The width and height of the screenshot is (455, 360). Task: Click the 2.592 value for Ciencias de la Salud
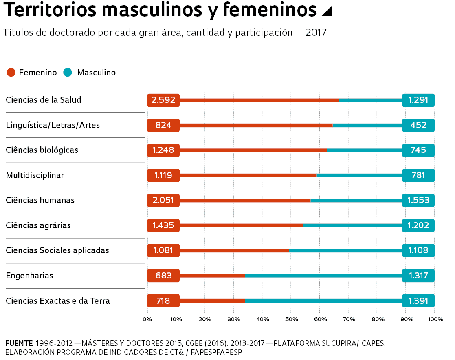163,100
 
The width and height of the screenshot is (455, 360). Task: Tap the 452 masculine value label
418,125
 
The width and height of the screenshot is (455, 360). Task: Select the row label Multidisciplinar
35,175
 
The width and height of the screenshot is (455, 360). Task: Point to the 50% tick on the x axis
291,319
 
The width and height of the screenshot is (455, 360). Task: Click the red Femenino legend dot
11,73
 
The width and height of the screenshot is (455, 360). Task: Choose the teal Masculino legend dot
68,73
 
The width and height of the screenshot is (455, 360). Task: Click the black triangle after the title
327,11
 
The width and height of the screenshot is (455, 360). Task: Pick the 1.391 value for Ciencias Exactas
418,301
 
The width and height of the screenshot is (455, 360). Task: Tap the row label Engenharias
29,276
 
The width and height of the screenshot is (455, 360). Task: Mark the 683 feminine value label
163,276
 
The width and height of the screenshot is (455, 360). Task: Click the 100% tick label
436,319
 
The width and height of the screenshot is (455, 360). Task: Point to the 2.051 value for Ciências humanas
163,200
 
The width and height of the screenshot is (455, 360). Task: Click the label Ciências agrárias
38,225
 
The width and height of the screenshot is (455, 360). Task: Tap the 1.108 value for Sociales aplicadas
418,250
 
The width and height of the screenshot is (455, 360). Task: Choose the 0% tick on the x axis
147,319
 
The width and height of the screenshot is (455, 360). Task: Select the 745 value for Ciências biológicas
418,150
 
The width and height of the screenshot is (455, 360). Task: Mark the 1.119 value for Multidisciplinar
163,175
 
